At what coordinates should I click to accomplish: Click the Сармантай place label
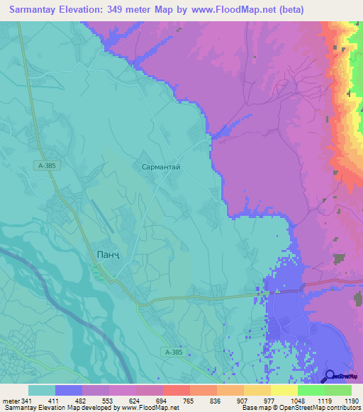click(162, 165)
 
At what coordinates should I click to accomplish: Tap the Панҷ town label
click(102, 254)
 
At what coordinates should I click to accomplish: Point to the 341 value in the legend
click(28, 400)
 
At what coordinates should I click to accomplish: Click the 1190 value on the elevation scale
click(351, 400)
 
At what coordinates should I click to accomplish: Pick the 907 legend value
click(242, 400)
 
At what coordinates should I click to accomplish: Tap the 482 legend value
click(82, 400)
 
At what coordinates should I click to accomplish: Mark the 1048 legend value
click(296, 400)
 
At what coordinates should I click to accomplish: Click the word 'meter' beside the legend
click(10, 400)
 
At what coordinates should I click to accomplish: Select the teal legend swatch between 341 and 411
click(42, 390)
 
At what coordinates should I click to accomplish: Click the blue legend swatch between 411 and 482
click(69, 390)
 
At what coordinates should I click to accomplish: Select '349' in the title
click(125, 10)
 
